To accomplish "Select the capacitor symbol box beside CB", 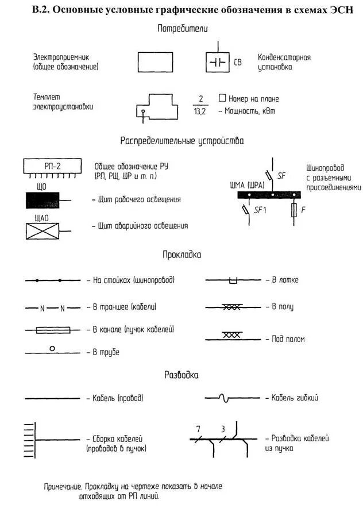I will pos(218,62).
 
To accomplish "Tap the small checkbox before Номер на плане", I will pos(223,98).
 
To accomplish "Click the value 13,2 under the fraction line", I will pos(200,111).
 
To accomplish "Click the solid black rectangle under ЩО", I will pos(45,200).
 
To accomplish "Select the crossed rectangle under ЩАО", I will pos(45,230).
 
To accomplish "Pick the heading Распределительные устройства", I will pos(182,141).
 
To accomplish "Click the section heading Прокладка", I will pos(181,253).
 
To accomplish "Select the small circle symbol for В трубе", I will pos(52,348).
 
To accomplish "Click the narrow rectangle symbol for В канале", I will pos(53,330).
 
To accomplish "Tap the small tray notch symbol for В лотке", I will pos(233,280).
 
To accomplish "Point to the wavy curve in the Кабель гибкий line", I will pos(226,398).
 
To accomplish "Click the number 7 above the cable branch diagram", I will pos(198,429).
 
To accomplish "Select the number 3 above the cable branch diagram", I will pos(223,429).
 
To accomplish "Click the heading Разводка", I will pos(181,375).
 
